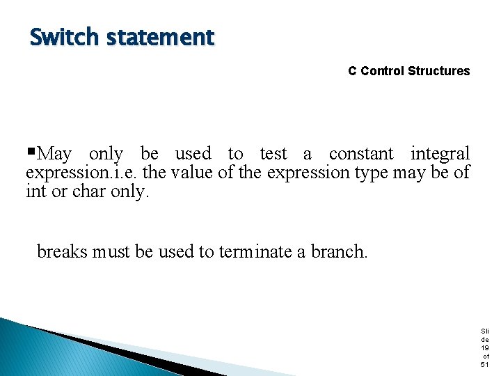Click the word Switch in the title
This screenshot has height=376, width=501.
[65, 37]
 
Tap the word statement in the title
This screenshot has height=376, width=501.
[160, 37]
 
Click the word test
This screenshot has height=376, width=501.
[273, 154]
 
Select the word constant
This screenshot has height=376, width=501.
[361, 154]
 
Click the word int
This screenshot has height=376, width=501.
[35, 191]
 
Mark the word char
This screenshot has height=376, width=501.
[90, 191]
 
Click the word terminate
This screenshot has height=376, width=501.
[255, 251]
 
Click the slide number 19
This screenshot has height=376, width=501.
[485, 347]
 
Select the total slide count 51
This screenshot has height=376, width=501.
[485, 364]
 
